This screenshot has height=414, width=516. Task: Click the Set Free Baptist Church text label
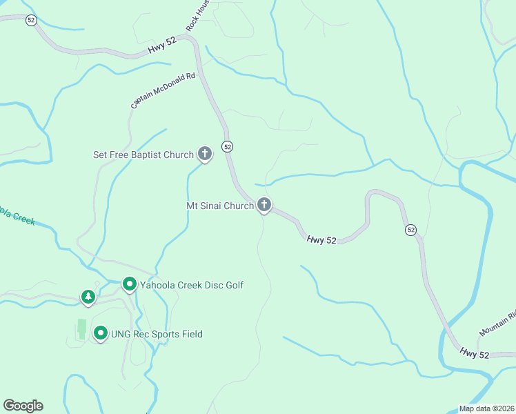143,155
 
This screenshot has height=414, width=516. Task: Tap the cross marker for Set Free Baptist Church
205,153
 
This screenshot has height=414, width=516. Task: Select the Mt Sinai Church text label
220,206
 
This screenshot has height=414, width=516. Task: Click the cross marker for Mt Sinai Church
264,204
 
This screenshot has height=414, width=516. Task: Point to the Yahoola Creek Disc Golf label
192,284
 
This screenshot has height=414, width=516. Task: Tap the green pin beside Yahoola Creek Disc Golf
129,284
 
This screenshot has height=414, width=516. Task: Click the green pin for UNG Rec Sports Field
101,334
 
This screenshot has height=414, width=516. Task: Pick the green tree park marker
88,297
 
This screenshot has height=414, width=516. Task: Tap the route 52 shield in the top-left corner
31,20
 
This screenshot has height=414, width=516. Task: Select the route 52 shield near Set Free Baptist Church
227,146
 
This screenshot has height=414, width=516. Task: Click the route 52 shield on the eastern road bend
411,229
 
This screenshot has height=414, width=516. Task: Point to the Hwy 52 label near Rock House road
162,45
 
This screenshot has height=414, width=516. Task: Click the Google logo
23,406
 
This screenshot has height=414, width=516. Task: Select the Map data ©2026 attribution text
486,408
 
